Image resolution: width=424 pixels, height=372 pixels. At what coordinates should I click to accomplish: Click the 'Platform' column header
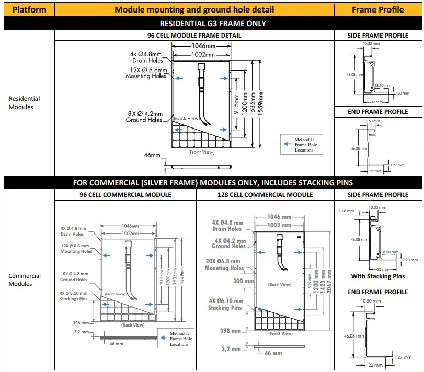pos(29,9)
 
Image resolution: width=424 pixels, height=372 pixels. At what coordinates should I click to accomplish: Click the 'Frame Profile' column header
pos(377,9)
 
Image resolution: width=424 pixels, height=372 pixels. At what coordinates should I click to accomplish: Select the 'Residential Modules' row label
pos(24,103)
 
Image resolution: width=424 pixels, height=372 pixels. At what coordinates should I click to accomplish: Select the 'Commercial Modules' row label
pos(24,280)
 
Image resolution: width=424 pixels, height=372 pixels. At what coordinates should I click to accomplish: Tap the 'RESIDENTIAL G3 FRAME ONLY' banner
pos(212,23)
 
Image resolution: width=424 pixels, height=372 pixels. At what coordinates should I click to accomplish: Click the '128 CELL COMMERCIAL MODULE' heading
pos(265,195)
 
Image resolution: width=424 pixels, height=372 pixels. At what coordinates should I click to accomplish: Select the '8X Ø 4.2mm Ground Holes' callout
pos(144,117)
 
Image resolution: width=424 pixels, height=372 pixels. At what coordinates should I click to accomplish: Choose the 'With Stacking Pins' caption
pos(377,276)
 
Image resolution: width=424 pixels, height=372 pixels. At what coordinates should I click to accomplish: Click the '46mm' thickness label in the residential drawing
pos(152,155)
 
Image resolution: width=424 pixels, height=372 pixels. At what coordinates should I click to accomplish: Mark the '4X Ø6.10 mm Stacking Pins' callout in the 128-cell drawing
pos(225,305)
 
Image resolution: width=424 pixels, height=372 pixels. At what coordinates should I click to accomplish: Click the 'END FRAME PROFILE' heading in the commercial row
pos(377,292)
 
